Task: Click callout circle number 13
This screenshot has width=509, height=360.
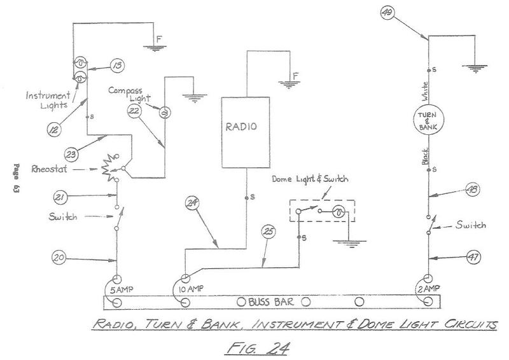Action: click(x=118, y=64)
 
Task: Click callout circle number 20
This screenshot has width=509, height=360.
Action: click(x=57, y=258)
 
